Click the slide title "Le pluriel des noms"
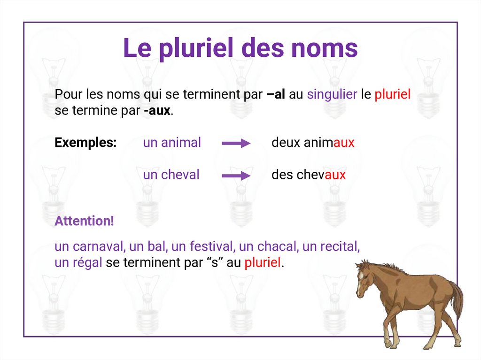pyautogui.click(x=240, y=48)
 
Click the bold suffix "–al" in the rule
pyautogui.click(x=276, y=95)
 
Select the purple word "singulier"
pyautogui.click(x=332, y=95)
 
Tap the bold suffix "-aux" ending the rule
pyautogui.click(x=157, y=112)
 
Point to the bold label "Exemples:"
pyautogui.click(x=85, y=143)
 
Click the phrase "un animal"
pyautogui.click(x=172, y=143)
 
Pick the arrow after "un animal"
pyautogui.click(x=236, y=144)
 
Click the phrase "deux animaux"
pyautogui.click(x=313, y=143)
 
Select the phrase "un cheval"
pyautogui.click(x=171, y=175)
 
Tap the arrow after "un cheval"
pyautogui.click(x=236, y=176)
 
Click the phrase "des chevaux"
pyautogui.click(x=308, y=175)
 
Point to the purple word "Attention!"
pyautogui.click(x=84, y=221)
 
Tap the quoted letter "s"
pyautogui.click(x=214, y=263)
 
